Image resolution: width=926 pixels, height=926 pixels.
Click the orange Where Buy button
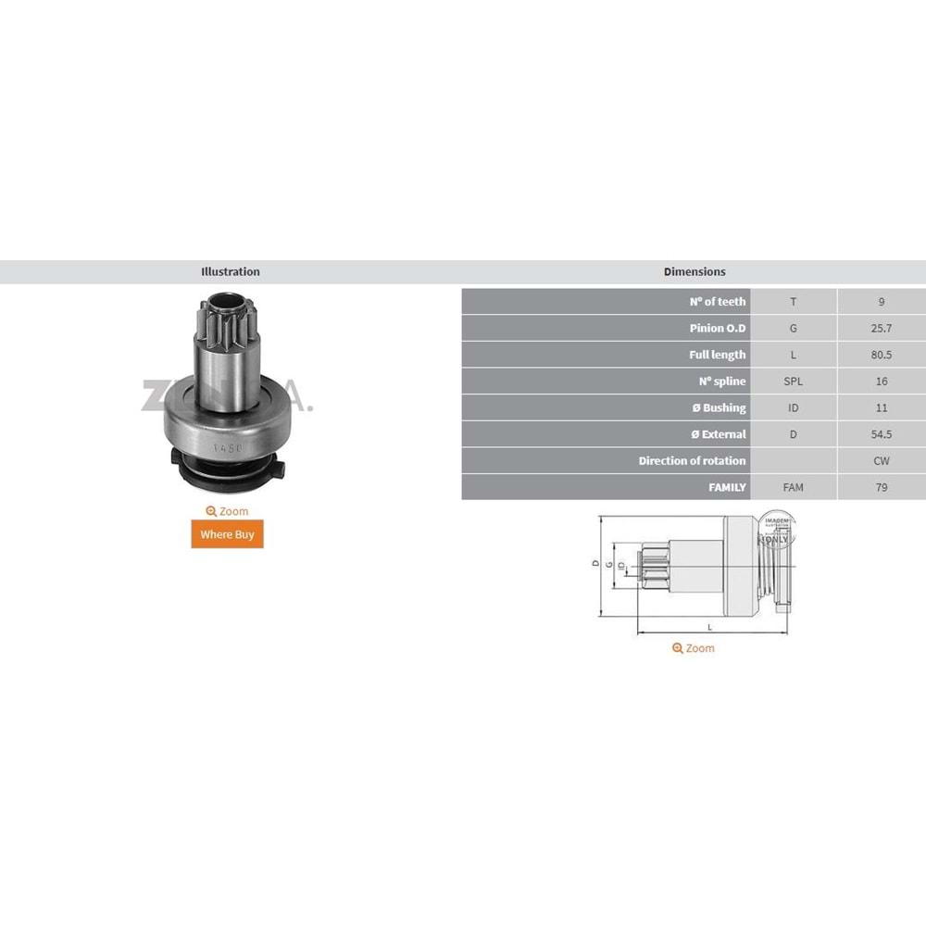click(227, 534)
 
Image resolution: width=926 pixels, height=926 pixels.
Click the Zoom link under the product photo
click(227, 511)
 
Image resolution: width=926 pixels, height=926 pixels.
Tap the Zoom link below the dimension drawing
click(694, 648)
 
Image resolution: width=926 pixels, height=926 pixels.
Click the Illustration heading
click(231, 272)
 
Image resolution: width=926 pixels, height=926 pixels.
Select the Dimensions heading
click(694, 272)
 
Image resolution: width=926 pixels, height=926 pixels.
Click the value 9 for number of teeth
click(881, 302)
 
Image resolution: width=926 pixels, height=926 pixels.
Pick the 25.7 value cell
click(881, 328)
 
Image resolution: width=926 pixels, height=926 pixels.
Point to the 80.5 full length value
click(881, 355)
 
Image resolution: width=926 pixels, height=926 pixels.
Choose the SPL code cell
click(793, 382)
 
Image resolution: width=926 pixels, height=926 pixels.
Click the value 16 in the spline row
click(881, 382)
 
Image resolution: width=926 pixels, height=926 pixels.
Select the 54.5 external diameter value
click(881, 434)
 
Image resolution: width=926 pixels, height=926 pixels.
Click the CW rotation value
click(881, 460)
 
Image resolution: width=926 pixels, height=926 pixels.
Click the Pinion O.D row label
click(718, 328)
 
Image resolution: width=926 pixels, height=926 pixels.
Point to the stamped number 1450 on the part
click(226, 448)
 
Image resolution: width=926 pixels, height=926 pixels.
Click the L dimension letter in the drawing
click(710, 627)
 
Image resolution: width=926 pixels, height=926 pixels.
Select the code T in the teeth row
click(793, 302)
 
